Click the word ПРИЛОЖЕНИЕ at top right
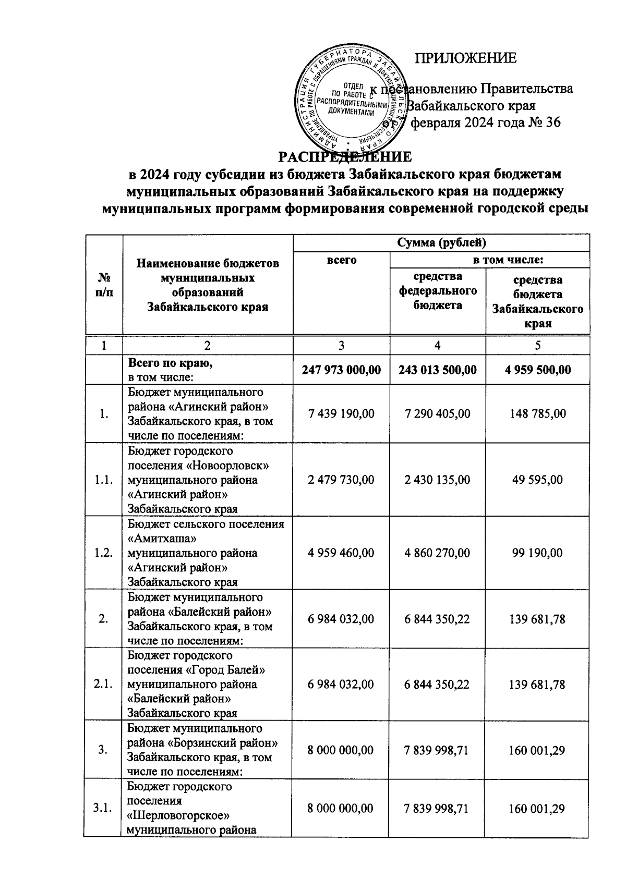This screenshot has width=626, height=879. pyautogui.click(x=465, y=58)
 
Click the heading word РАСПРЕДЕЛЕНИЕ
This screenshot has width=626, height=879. pyautogui.click(x=344, y=156)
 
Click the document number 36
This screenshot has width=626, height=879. pyautogui.click(x=552, y=123)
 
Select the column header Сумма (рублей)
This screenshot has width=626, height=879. pyautogui.click(x=441, y=243)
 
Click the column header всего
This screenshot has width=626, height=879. pyautogui.click(x=341, y=260)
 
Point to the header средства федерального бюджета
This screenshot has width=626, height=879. pyautogui.click(x=438, y=290)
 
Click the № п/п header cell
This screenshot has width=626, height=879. pyautogui.click(x=104, y=285)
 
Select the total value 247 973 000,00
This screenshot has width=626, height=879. pyautogui.click(x=341, y=370)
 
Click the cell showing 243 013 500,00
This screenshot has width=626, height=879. pyautogui.click(x=437, y=370)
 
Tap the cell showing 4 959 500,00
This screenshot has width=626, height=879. pyautogui.click(x=538, y=370)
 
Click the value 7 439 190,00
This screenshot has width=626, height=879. pyautogui.click(x=341, y=414)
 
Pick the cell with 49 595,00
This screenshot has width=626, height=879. pyautogui.click(x=538, y=480)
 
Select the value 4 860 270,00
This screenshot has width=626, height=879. pyautogui.click(x=437, y=553)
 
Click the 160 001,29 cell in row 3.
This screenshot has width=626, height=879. pyautogui.click(x=538, y=750)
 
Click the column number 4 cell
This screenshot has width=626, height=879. pyautogui.click(x=437, y=345)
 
